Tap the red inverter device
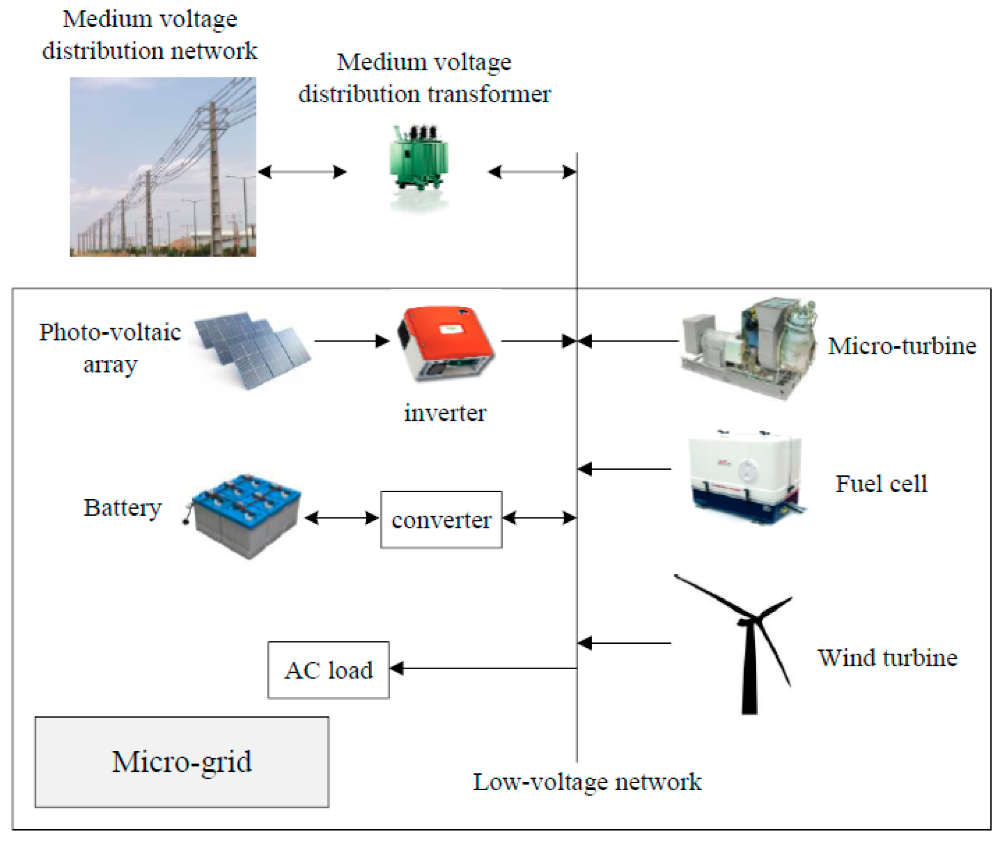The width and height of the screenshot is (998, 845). (445, 343)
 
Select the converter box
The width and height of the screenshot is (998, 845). (441, 519)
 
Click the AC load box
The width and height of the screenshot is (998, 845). (328, 670)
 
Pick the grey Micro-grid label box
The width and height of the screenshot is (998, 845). (181, 761)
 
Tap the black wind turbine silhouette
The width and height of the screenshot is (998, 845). (749, 642)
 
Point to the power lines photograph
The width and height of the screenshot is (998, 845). (163, 167)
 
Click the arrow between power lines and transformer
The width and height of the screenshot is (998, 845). (302, 172)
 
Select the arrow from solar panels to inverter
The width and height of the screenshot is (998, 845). (351, 341)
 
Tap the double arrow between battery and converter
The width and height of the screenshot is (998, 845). (342, 518)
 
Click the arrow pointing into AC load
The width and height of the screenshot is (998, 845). (482, 668)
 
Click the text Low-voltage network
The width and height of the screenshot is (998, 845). (587, 782)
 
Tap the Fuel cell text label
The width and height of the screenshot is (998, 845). (881, 484)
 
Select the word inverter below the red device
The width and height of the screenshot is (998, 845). (445, 413)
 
